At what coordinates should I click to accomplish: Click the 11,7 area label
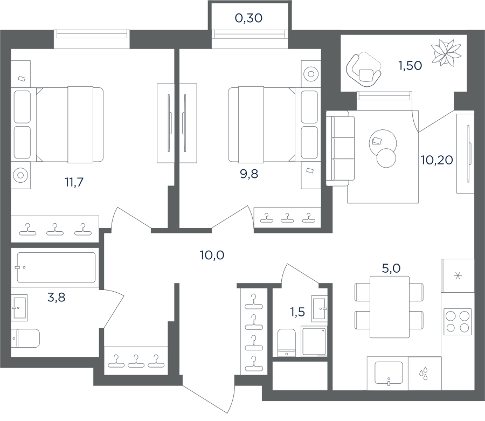[x=74, y=182]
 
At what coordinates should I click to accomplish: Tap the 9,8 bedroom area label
[x=249, y=174]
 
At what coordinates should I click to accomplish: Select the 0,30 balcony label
[x=248, y=18]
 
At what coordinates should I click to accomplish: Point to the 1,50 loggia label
[x=410, y=66]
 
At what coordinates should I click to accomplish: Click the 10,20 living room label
[x=436, y=160]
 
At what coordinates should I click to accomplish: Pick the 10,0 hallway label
[x=212, y=255]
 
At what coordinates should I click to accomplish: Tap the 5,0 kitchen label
[x=391, y=268]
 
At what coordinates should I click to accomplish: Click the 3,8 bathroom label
[x=56, y=297]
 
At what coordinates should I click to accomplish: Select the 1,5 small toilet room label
[x=297, y=312]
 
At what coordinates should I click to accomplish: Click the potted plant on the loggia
[x=446, y=53]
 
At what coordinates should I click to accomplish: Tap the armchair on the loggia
[x=364, y=71]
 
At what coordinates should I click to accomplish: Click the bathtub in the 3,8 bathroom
[x=56, y=267]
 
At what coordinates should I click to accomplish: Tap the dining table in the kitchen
[x=390, y=307]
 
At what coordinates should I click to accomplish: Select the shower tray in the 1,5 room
[x=314, y=342]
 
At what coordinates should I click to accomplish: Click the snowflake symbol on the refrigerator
[x=458, y=275]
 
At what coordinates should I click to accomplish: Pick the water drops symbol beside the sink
[x=424, y=374]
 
